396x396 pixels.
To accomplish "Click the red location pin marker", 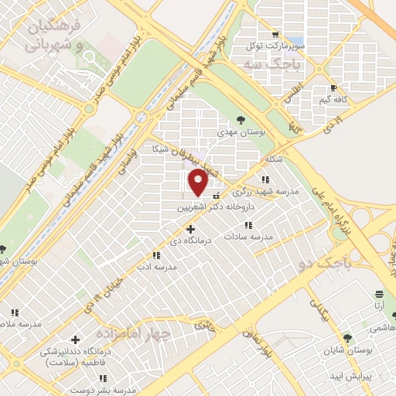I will point(198,183).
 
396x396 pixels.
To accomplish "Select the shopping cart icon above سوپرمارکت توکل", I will point(275,35).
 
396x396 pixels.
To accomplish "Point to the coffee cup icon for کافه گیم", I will point(333,88).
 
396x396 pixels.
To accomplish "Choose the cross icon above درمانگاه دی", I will point(190,229).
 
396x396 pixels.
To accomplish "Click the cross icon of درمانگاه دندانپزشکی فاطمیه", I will point(75,340).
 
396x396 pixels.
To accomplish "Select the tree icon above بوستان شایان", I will point(347,338).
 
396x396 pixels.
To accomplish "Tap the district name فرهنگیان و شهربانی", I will point(61,35).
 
